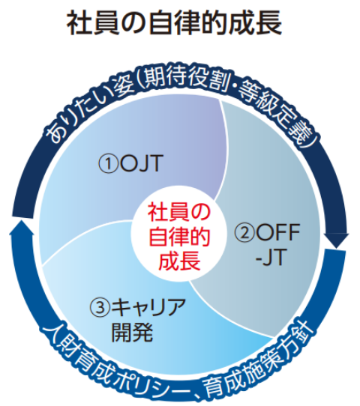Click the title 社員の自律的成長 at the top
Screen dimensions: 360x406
[x=174, y=24]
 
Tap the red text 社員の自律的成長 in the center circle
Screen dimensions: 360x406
[x=179, y=236]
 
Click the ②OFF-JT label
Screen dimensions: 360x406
[x=268, y=244]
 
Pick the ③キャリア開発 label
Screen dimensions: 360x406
[x=138, y=320]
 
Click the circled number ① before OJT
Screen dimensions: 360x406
[x=108, y=164]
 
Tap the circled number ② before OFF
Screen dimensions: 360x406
[x=244, y=232]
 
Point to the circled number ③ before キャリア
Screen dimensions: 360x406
[x=100, y=307]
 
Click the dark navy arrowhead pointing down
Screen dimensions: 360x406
[x=336, y=240]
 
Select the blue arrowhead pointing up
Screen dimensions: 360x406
[x=22, y=228]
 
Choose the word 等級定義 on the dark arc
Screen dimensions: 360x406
[x=275, y=112]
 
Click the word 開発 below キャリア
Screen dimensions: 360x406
[x=132, y=332]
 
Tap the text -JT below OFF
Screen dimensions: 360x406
[x=270, y=257]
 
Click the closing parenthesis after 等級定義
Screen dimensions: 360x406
[x=310, y=142]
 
